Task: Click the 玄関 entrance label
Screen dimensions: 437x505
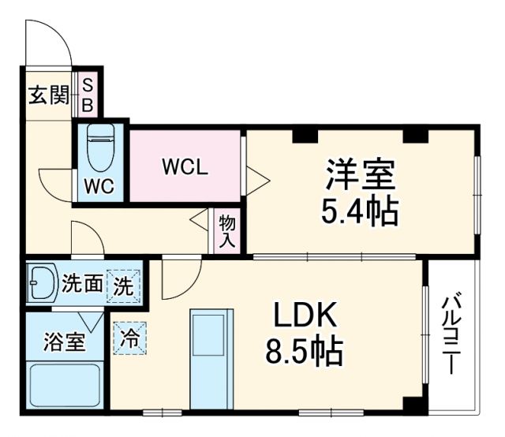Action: tap(47, 96)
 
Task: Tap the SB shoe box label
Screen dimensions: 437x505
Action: tap(88, 95)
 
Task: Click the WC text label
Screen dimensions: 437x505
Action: tap(100, 187)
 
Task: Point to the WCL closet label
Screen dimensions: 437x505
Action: tap(185, 167)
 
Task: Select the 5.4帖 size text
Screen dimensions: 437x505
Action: tap(359, 211)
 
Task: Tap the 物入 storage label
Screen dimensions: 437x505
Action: tap(227, 231)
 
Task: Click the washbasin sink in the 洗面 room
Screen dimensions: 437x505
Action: tap(41, 282)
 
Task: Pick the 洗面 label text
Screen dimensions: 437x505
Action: tap(83, 283)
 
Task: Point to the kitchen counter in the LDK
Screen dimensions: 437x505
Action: tap(211, 359)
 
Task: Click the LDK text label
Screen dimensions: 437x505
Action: tap(306, 316)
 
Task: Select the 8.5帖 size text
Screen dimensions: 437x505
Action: tap(306, 352)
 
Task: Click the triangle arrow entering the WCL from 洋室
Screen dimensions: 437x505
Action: tap(257, 181)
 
